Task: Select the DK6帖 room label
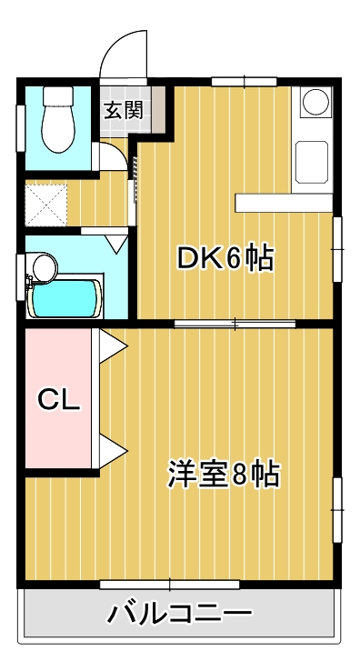click(225, 259)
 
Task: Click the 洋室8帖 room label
click(223, 474)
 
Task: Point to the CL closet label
click(59, 399)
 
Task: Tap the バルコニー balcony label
click(179, 614)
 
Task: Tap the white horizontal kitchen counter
click(283, 203)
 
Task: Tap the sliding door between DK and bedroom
click(235, 323)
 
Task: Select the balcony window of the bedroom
click(170, 583)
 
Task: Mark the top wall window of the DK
click(245, 82)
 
